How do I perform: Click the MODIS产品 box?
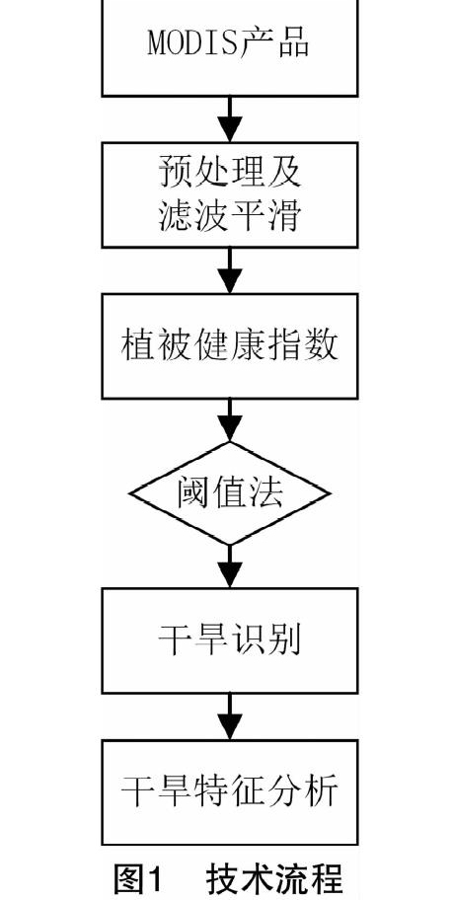[x=230, y=47]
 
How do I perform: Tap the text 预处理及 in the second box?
[x=230, y=172]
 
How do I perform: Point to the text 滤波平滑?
[x=230, y=216]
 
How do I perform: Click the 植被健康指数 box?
[x=230, y=346]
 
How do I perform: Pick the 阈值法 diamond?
[x=230, y=493]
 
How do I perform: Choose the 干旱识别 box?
[x=230, y=640]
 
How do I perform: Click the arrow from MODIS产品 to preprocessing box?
[x=230, y=118]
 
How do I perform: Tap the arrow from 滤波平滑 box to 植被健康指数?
[x=230, y=271]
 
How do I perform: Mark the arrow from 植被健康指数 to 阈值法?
[x=230, y=420]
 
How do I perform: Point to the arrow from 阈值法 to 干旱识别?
[x=230, y=565]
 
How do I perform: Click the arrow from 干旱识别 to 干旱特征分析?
[x=230, y=716]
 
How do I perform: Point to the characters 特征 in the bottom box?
[x=230, y=792]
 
